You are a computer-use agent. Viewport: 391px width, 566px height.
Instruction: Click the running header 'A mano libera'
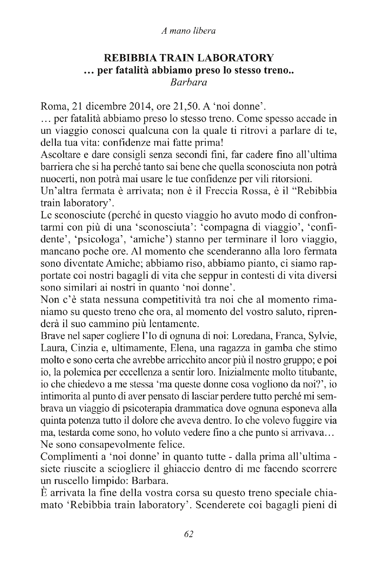coord(188,31)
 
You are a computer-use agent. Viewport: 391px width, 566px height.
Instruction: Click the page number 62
coord(189,533)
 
